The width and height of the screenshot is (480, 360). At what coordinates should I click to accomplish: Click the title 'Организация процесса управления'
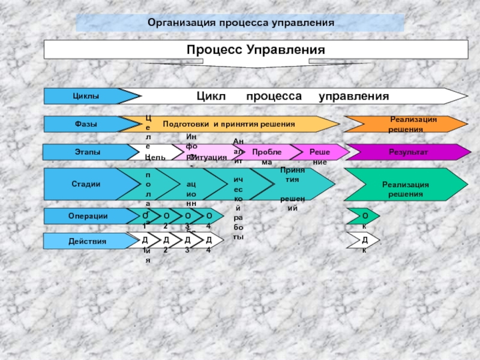tap(240, 23)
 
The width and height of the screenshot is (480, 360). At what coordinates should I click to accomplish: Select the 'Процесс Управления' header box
tap(256, 50)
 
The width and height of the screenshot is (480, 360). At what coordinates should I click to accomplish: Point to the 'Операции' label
tap(88, 216)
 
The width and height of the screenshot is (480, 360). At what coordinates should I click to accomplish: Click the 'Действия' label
tap(88, 241)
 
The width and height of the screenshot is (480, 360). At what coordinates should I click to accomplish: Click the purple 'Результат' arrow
tap(408, 152)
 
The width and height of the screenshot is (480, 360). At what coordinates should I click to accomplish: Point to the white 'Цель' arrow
tap(158, 155)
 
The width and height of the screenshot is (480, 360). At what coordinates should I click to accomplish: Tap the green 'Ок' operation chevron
tap(365, 216)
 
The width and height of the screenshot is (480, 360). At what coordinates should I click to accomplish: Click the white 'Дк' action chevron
tap(365, 241)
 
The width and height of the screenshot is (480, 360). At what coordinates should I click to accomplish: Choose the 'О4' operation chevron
tap(209, 216)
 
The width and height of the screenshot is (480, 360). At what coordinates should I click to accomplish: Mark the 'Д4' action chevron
tap(209, 241)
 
